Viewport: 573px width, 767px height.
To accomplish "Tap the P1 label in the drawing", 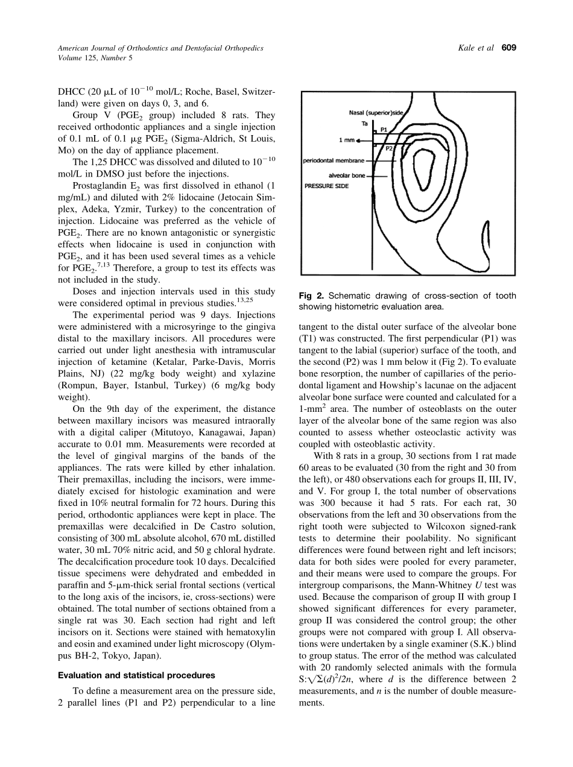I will pos(384,128).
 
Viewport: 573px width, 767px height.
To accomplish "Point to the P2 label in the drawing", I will pos(389,148).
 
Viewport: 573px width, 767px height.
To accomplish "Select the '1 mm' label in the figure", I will pos(346,140).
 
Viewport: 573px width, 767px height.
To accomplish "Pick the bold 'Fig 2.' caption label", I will pos(312,295).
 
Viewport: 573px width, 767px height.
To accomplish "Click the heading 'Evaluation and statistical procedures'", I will pos(133,675).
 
